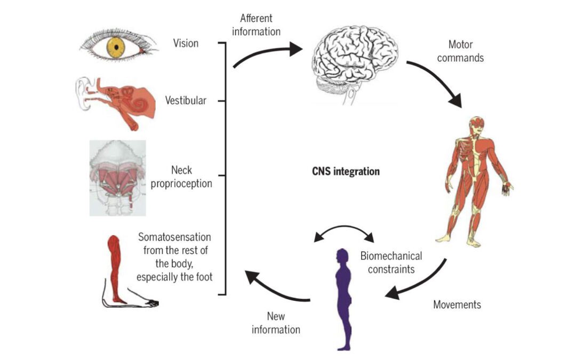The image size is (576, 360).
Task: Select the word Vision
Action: (x=186, y=43)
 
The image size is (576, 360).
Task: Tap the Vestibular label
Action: (x=186, y=100)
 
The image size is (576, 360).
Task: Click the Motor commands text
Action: (x=460, y=51)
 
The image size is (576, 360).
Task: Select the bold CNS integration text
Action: (x=346, y=172)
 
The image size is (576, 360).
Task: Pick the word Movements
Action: (x=457, y=305)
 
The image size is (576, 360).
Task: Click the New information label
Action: (x=276, y=323)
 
